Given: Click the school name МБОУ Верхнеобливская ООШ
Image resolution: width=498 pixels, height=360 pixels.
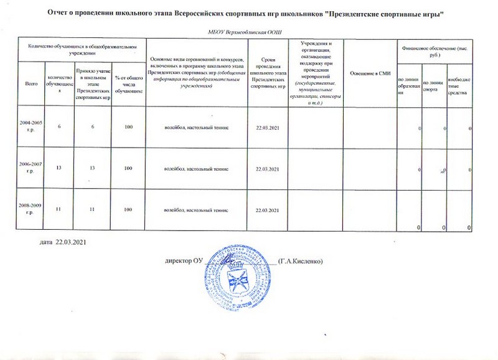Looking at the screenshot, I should click(x=248, y=32).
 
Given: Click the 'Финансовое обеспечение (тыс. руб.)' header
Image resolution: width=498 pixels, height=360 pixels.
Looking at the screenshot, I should click(x=433, y=50).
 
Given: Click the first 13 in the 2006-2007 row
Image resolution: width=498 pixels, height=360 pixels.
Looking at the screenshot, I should click(x=60, y=169).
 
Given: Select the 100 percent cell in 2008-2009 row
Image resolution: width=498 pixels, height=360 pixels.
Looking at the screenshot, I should click(x=128, y=209).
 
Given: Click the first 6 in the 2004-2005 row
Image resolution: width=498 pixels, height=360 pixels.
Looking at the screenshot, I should click(x=60, y=128).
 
